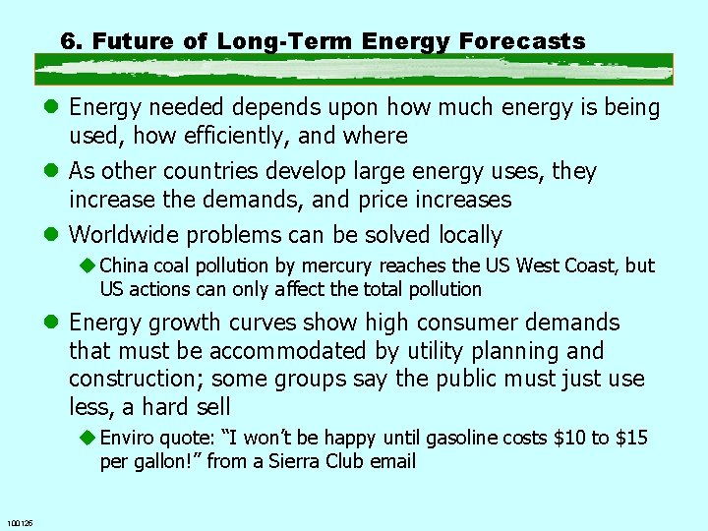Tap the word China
tap(124, 265)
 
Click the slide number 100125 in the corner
tap(19, 523)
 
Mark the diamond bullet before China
tap(88, 265)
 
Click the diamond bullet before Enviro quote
tap(88, 438)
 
